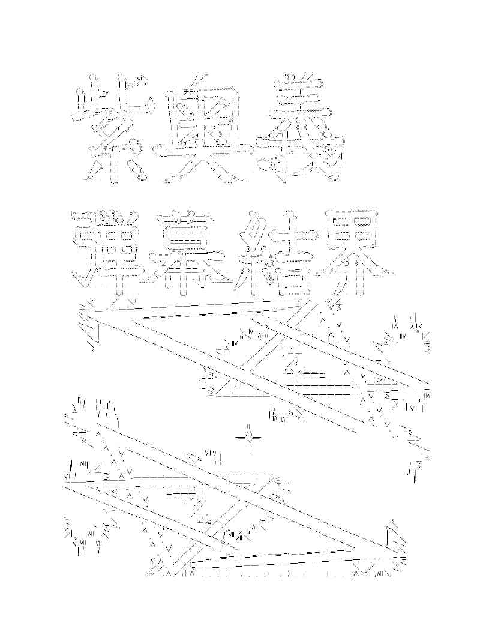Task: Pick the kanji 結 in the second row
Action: tap(273, 246)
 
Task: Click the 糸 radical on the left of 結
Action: tap(252, 246)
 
